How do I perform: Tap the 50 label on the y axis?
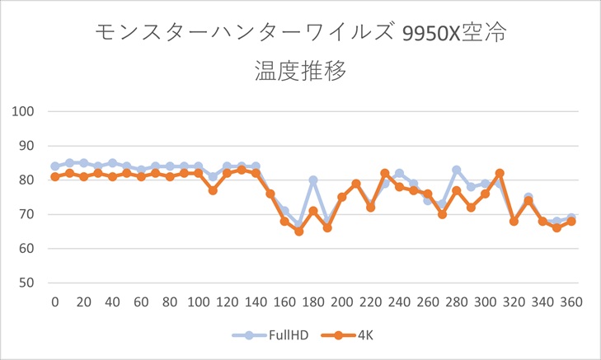[x=35, y=283]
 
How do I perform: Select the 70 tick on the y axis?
[x=35, y=214]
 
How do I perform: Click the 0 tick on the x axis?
[x=55, y=302]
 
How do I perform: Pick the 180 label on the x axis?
[x=313, y=302]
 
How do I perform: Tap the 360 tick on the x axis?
[x=570, y=302]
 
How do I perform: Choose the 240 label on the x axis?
[x=399, y=302]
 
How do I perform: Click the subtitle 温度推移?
[x=300, y=71]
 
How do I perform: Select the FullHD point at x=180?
[x=313, y=180]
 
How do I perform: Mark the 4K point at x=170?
[x=298, y=231]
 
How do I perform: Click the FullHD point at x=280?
[x=456, y=170]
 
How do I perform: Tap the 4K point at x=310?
[x=500, y=173]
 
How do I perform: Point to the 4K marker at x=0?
[x=55, y=176]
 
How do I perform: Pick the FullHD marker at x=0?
[x=55, y=166]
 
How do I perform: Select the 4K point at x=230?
[x=385, y=173]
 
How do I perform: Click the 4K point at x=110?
[x=213, y=190]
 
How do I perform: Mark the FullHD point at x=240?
[x=399, y=173]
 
